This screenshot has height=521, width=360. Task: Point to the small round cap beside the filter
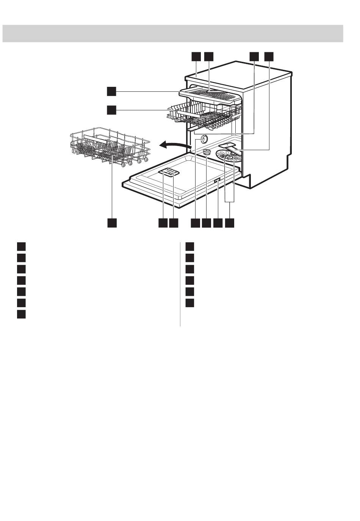point(207,152)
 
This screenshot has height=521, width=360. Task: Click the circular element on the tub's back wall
point(204,139)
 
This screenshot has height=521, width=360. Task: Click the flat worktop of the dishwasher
point(239,74)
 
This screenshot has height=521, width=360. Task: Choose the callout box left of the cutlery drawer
point(111,91)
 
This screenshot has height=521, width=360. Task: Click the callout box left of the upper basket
point(111,110)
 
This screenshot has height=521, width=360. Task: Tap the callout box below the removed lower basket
point(111,223)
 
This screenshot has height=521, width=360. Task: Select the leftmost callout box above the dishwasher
point(196,56)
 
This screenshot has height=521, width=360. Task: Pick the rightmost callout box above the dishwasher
point(268,56)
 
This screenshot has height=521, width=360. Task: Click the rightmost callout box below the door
point(229,223)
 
